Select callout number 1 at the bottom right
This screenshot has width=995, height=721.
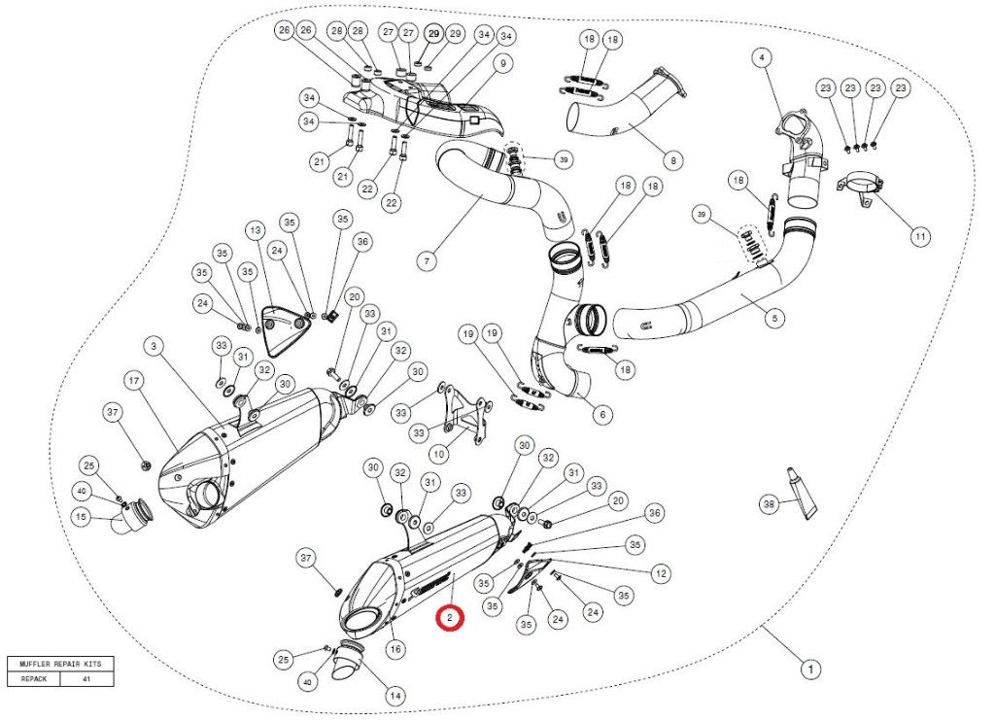pyautogui.click(x=808, y=669)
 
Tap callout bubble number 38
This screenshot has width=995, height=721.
pyautogui.click(x=770, y=504)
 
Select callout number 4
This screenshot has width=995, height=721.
pyautogui.click(x=763, y=58)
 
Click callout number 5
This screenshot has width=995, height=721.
pyautogui.click(x=774, y=317)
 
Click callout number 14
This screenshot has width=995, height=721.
pyautogui.click(x=395, y=696)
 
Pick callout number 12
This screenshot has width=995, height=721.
pyautogui.click(x=661, y=574)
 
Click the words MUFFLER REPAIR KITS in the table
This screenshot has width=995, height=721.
pyautogui.click(x=59, y=664)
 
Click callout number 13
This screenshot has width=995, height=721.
pyautogui.click(x=255, y=231)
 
